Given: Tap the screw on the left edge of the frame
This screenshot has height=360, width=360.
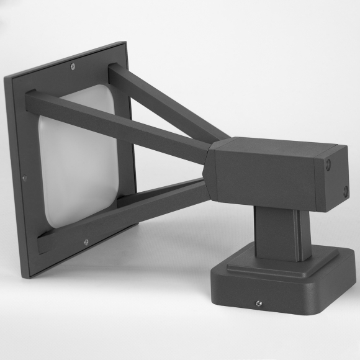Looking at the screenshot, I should [x=24, y=179].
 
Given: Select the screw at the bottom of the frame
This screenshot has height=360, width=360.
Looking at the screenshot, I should [x=86, y=241].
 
